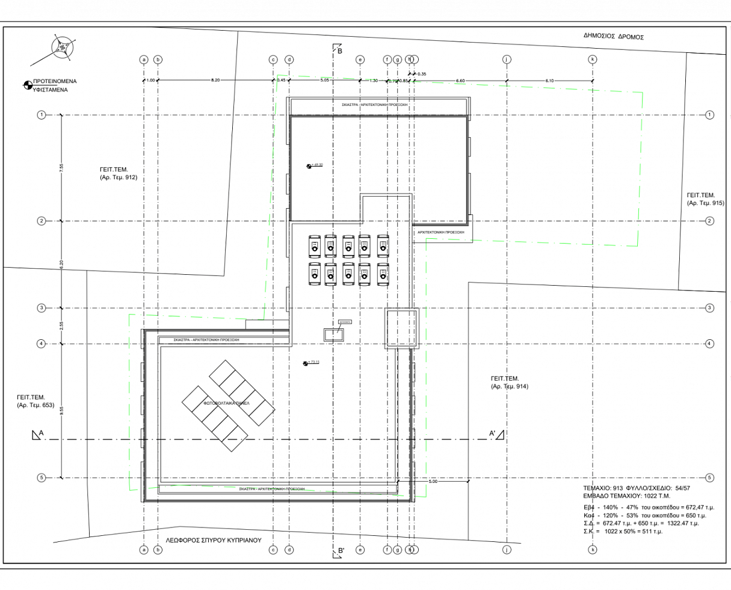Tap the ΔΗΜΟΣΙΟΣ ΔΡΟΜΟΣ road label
point(613,37)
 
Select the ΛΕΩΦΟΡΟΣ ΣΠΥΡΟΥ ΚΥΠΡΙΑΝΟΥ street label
point(214,540)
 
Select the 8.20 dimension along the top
point(215,80)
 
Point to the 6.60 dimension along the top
point(460,80)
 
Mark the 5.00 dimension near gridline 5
point(433,482)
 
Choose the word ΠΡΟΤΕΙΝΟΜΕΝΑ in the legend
point(55,81)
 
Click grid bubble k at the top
point(593,60)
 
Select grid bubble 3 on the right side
point(709,308)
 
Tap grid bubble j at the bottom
point(507,550)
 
